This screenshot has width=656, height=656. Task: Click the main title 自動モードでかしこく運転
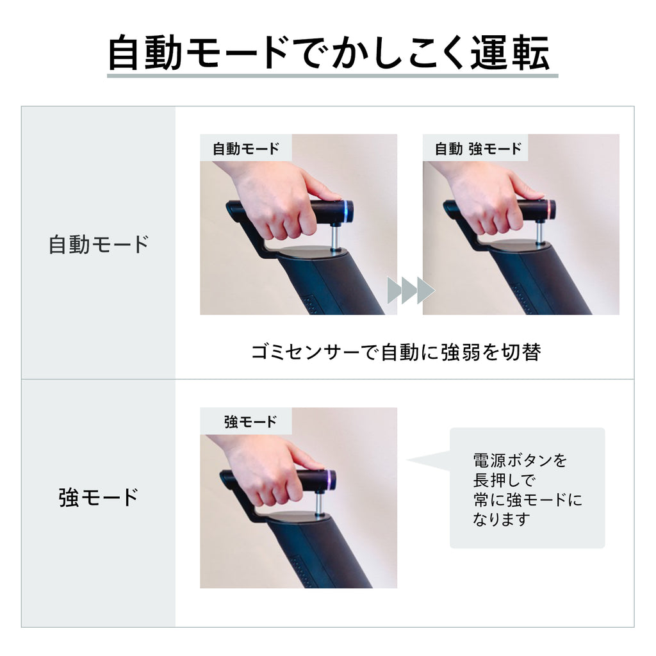[329, 53]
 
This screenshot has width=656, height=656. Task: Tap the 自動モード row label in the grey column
[99, 244]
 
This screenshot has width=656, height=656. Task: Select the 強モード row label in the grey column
[99, 497]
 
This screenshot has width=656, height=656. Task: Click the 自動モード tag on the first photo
[246, 149]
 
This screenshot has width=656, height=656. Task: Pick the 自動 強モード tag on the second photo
[478, 149]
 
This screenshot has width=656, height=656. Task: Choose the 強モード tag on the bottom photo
[250, 422]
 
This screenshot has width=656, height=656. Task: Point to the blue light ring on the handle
[346, 211]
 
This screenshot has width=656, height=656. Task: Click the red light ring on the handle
[548, 210]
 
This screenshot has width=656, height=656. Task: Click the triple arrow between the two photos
[411, 290]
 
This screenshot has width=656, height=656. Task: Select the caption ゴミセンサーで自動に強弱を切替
[396, 352]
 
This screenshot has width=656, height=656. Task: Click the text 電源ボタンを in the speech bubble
[520, 460]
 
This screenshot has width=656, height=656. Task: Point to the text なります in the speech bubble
[502, 519]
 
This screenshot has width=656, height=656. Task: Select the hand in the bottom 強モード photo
[268, 471]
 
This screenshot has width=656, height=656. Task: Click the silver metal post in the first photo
[336, 237]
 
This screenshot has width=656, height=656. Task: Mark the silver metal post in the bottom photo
[319, 505]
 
